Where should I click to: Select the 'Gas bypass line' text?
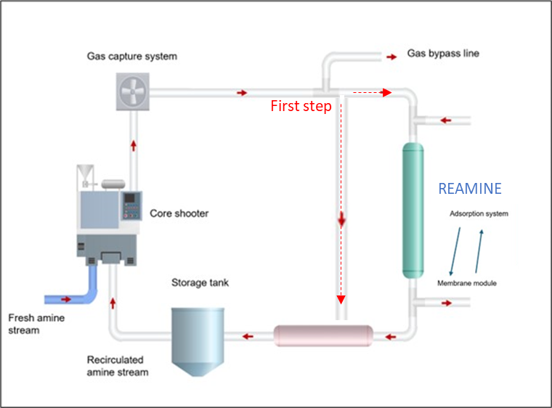(x=443, y=54)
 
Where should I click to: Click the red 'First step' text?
(x=301, y=106)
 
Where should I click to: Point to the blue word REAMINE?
(x=469, y=189)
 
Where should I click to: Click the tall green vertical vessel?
(x=413, y=211)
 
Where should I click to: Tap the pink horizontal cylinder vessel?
(x=323, y=336)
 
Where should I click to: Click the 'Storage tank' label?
(x=200, y=282)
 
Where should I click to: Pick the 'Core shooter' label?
(x=179, y=214)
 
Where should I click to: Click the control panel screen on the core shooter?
(x=131, y=198)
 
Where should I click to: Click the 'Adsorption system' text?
(x=479, y=214)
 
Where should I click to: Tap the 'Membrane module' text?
(x=467, y=283)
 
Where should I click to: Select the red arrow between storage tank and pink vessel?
(x=248, y=336)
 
